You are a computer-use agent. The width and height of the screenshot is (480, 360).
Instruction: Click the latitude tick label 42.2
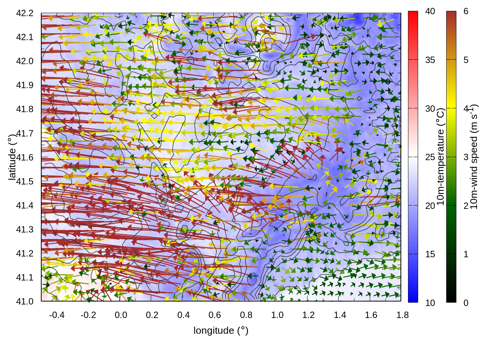(x=24, y=13)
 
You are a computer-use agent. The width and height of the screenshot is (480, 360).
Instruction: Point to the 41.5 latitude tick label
(x=24, y=181)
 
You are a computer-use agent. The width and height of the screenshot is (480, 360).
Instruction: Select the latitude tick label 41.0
(x=24, y=301)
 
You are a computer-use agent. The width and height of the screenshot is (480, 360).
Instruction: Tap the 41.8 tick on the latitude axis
(x=24, y=109)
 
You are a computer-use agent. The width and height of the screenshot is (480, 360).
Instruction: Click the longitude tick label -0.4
(x=57, y=315)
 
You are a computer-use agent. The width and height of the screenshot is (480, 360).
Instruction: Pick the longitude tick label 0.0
(x=121, y=315)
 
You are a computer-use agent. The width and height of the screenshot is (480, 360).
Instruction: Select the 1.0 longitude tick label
(x=277, y=315)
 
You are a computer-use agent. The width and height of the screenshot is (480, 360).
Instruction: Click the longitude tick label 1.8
(x=402, y=315)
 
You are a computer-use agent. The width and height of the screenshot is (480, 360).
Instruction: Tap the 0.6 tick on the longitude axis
(x=214, y=315)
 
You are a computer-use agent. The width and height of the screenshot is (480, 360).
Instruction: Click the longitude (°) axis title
(x=221, y=330)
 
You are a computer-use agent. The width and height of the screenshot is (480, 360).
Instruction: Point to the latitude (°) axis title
(x=12, y=157)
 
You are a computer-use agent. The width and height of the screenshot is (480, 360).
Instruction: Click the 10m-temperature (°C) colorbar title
(x=441, y=157)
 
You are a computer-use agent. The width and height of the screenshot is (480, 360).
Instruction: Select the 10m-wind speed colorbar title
(x=474, y=157)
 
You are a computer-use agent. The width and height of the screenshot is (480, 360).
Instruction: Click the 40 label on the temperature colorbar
(x=430, y=12)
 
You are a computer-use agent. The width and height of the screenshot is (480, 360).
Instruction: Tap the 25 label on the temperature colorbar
(x=430, y=157)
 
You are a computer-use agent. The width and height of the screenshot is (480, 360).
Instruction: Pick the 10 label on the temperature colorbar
(x=430, y=303)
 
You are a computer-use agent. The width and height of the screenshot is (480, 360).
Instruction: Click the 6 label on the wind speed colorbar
(x=466, y=12)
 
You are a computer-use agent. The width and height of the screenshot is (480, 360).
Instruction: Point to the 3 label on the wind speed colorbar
(x=466, y=157)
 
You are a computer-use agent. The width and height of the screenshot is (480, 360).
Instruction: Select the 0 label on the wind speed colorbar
(x=466, y=303)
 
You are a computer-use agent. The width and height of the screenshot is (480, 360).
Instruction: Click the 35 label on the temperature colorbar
(x=430, y=60)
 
